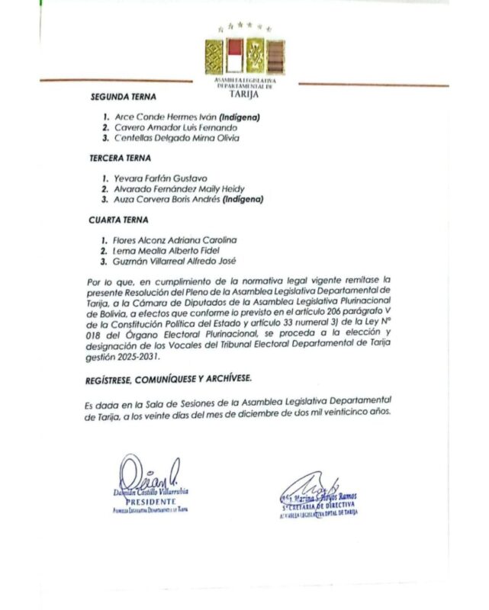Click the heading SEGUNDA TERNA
123,98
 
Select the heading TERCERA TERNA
121,159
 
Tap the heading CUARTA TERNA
118,220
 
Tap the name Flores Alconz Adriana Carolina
176,240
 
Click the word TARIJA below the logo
244,95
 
